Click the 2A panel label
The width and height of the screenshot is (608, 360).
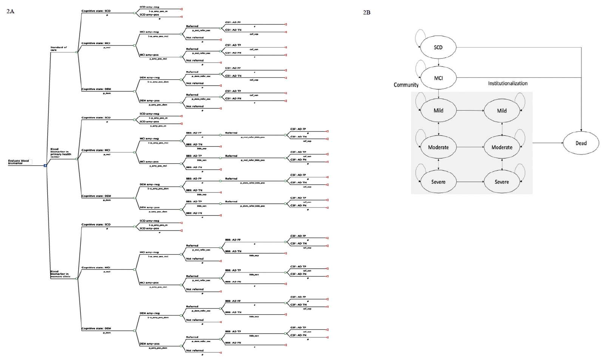click(x=10, y=11)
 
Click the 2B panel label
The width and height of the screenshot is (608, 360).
click(x=367, y=12)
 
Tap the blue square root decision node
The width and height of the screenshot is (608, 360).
click(x=45, y=166)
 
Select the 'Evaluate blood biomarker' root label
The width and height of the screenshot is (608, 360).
click(x=19, y=162)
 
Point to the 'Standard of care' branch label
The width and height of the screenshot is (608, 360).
click(x=59, y=49)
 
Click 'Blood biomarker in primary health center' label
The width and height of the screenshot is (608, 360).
click(x=60, y=153)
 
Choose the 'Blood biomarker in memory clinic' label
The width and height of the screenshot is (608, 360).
click(x=60, y=274)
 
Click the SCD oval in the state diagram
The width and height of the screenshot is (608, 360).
click(x=438, y=48)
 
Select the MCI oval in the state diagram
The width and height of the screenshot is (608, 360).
click(x=438, y=78)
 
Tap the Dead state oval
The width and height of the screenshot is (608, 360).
click(x=581, y=143)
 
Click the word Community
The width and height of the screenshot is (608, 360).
click(x=406, y=85)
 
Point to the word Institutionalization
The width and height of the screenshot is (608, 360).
click(x=508, y=83)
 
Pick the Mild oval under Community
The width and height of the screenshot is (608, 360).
click(x=438, y=111)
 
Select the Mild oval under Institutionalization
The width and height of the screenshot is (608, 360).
click(x=502, y=111)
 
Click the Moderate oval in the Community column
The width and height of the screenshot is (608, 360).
click(x=438, y=147)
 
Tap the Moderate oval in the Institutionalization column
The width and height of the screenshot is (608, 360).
click(x=502, y=147)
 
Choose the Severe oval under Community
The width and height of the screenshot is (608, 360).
click(x=438, y=182)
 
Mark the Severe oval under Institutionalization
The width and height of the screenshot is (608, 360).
click(x=502, y=182)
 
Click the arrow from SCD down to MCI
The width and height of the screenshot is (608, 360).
click(x=438, y=63)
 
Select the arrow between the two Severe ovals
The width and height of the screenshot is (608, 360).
click(x=470, y=182)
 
